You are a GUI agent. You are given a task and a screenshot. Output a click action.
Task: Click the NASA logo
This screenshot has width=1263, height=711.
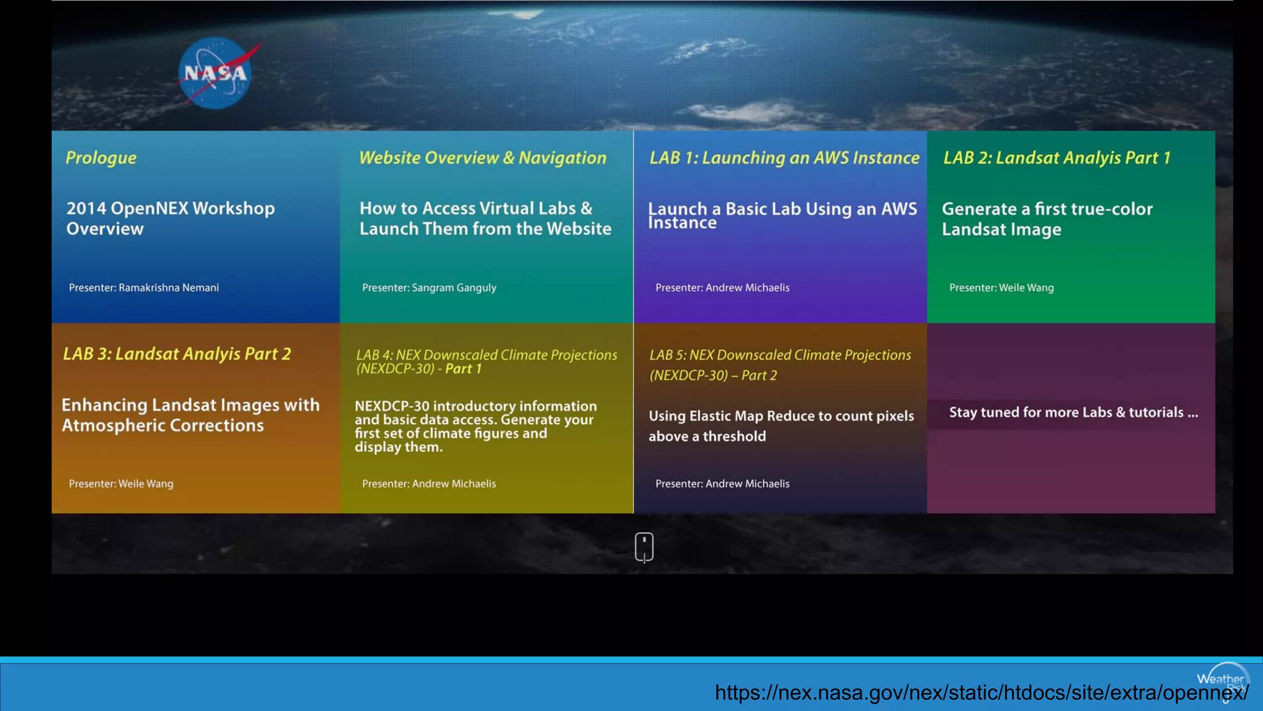coord(216,73)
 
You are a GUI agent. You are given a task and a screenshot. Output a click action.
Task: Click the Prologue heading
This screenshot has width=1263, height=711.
coord(101,158)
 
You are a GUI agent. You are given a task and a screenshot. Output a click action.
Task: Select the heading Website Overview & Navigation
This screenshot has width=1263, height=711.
coord(482,158)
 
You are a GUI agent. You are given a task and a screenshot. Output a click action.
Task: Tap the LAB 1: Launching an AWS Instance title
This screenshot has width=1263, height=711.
coord(784,158)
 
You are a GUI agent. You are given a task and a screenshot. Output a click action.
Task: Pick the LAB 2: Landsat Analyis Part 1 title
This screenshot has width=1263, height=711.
coord(1056,158)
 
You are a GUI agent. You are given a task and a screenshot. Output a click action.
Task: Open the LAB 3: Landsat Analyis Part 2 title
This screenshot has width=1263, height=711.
coord(177,354)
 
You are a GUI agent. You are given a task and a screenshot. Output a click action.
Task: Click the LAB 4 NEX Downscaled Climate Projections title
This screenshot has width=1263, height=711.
coord(486,362)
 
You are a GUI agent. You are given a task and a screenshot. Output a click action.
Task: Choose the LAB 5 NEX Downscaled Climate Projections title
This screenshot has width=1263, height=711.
coord(780,365)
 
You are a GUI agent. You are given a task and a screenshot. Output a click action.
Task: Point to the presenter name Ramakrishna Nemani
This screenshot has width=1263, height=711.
coord(168,288)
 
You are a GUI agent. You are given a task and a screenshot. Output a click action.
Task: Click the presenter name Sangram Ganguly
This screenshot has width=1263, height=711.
coord(454,288)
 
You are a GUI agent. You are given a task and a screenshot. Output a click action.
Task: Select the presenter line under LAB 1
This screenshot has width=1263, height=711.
coord(722,288)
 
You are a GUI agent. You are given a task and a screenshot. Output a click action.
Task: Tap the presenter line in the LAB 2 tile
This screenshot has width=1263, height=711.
coord(1002,288)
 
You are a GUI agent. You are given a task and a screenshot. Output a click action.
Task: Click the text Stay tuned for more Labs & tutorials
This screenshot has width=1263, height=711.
coord(1073,412)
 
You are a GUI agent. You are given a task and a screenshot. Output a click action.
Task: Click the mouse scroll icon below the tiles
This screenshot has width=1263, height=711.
coord(644,547)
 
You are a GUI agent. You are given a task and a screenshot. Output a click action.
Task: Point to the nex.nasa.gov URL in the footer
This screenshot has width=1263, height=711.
coord(981,692)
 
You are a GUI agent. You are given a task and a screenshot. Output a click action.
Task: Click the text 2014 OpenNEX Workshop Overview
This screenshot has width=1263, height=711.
coord(170,218)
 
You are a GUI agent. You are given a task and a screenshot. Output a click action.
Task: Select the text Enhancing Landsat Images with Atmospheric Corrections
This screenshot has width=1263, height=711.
coord(191,415)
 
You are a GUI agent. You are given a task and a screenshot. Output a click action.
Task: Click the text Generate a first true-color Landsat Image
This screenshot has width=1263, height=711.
coord(1047,219)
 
